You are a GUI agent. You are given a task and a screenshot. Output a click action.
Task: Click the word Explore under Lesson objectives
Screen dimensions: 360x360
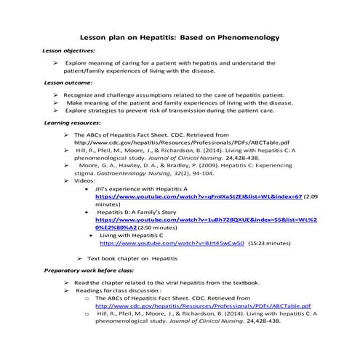[x=80, y=63]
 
